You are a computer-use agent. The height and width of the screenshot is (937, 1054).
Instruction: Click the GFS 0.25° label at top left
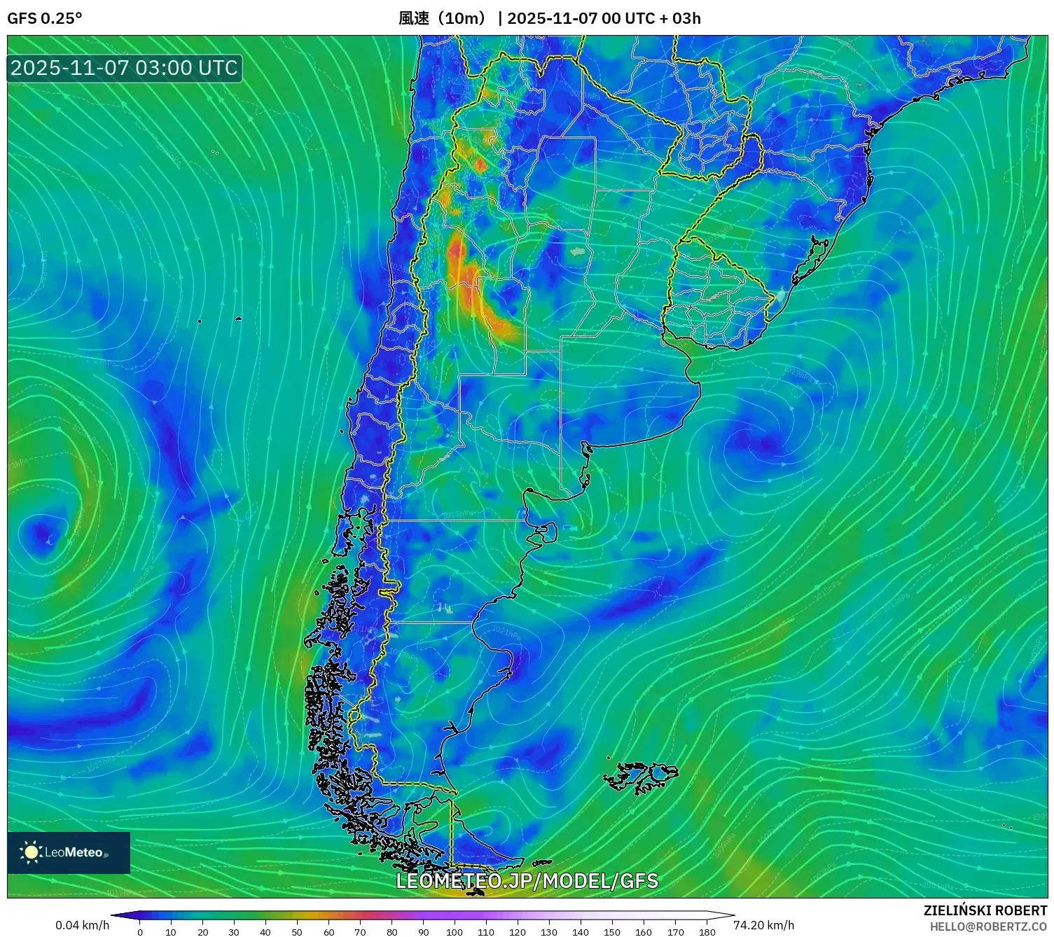(44, 18)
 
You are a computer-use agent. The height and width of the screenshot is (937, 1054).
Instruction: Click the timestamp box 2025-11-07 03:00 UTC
(125, 68)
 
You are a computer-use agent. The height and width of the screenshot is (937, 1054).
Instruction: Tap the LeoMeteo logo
(68, 852)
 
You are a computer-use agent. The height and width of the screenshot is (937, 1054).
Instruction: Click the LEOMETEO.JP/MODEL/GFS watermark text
(527, 880)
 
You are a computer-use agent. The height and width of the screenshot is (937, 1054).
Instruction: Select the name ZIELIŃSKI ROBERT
(985, 910)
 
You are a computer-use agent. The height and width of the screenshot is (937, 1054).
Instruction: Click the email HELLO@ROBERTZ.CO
(988, 926)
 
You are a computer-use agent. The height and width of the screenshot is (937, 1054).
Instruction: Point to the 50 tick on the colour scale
(297, 931)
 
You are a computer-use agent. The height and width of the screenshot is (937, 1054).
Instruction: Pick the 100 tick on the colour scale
(455, 931)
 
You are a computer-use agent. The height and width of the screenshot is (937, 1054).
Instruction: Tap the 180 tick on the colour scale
(707, 931)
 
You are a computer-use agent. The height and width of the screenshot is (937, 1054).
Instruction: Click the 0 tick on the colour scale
(140, 931)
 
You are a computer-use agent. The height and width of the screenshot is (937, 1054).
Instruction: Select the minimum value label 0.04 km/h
(82, 925)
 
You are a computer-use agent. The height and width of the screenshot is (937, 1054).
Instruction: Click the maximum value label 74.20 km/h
(763, 925)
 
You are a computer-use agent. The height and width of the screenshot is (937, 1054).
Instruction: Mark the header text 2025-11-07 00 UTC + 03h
(604, 18)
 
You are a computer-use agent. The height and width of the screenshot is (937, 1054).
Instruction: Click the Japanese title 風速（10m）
(443, 18)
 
